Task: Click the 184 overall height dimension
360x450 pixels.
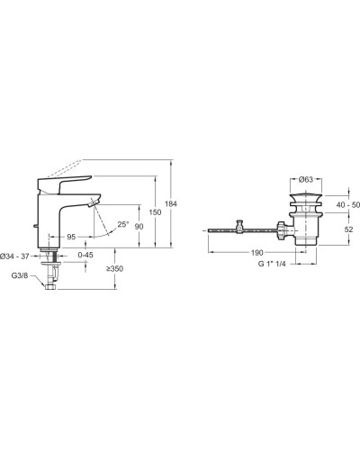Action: (x=171, y=204)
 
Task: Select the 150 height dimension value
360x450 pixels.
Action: (x=155, y=212)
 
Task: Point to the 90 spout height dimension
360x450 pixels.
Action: (x=139, y=227)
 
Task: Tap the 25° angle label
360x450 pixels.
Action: (x=122, y=224)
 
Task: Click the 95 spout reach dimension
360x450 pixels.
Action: (x=71, y=237)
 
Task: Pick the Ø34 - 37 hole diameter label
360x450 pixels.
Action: (x=14, y=256)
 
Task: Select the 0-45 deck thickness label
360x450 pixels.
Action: (x=85, y=255)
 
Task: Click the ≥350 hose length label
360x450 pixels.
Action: (x=114, y=268)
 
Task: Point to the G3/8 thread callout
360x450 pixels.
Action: (x=20, y=275)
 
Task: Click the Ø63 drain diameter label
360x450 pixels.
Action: (x=306, y=179)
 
